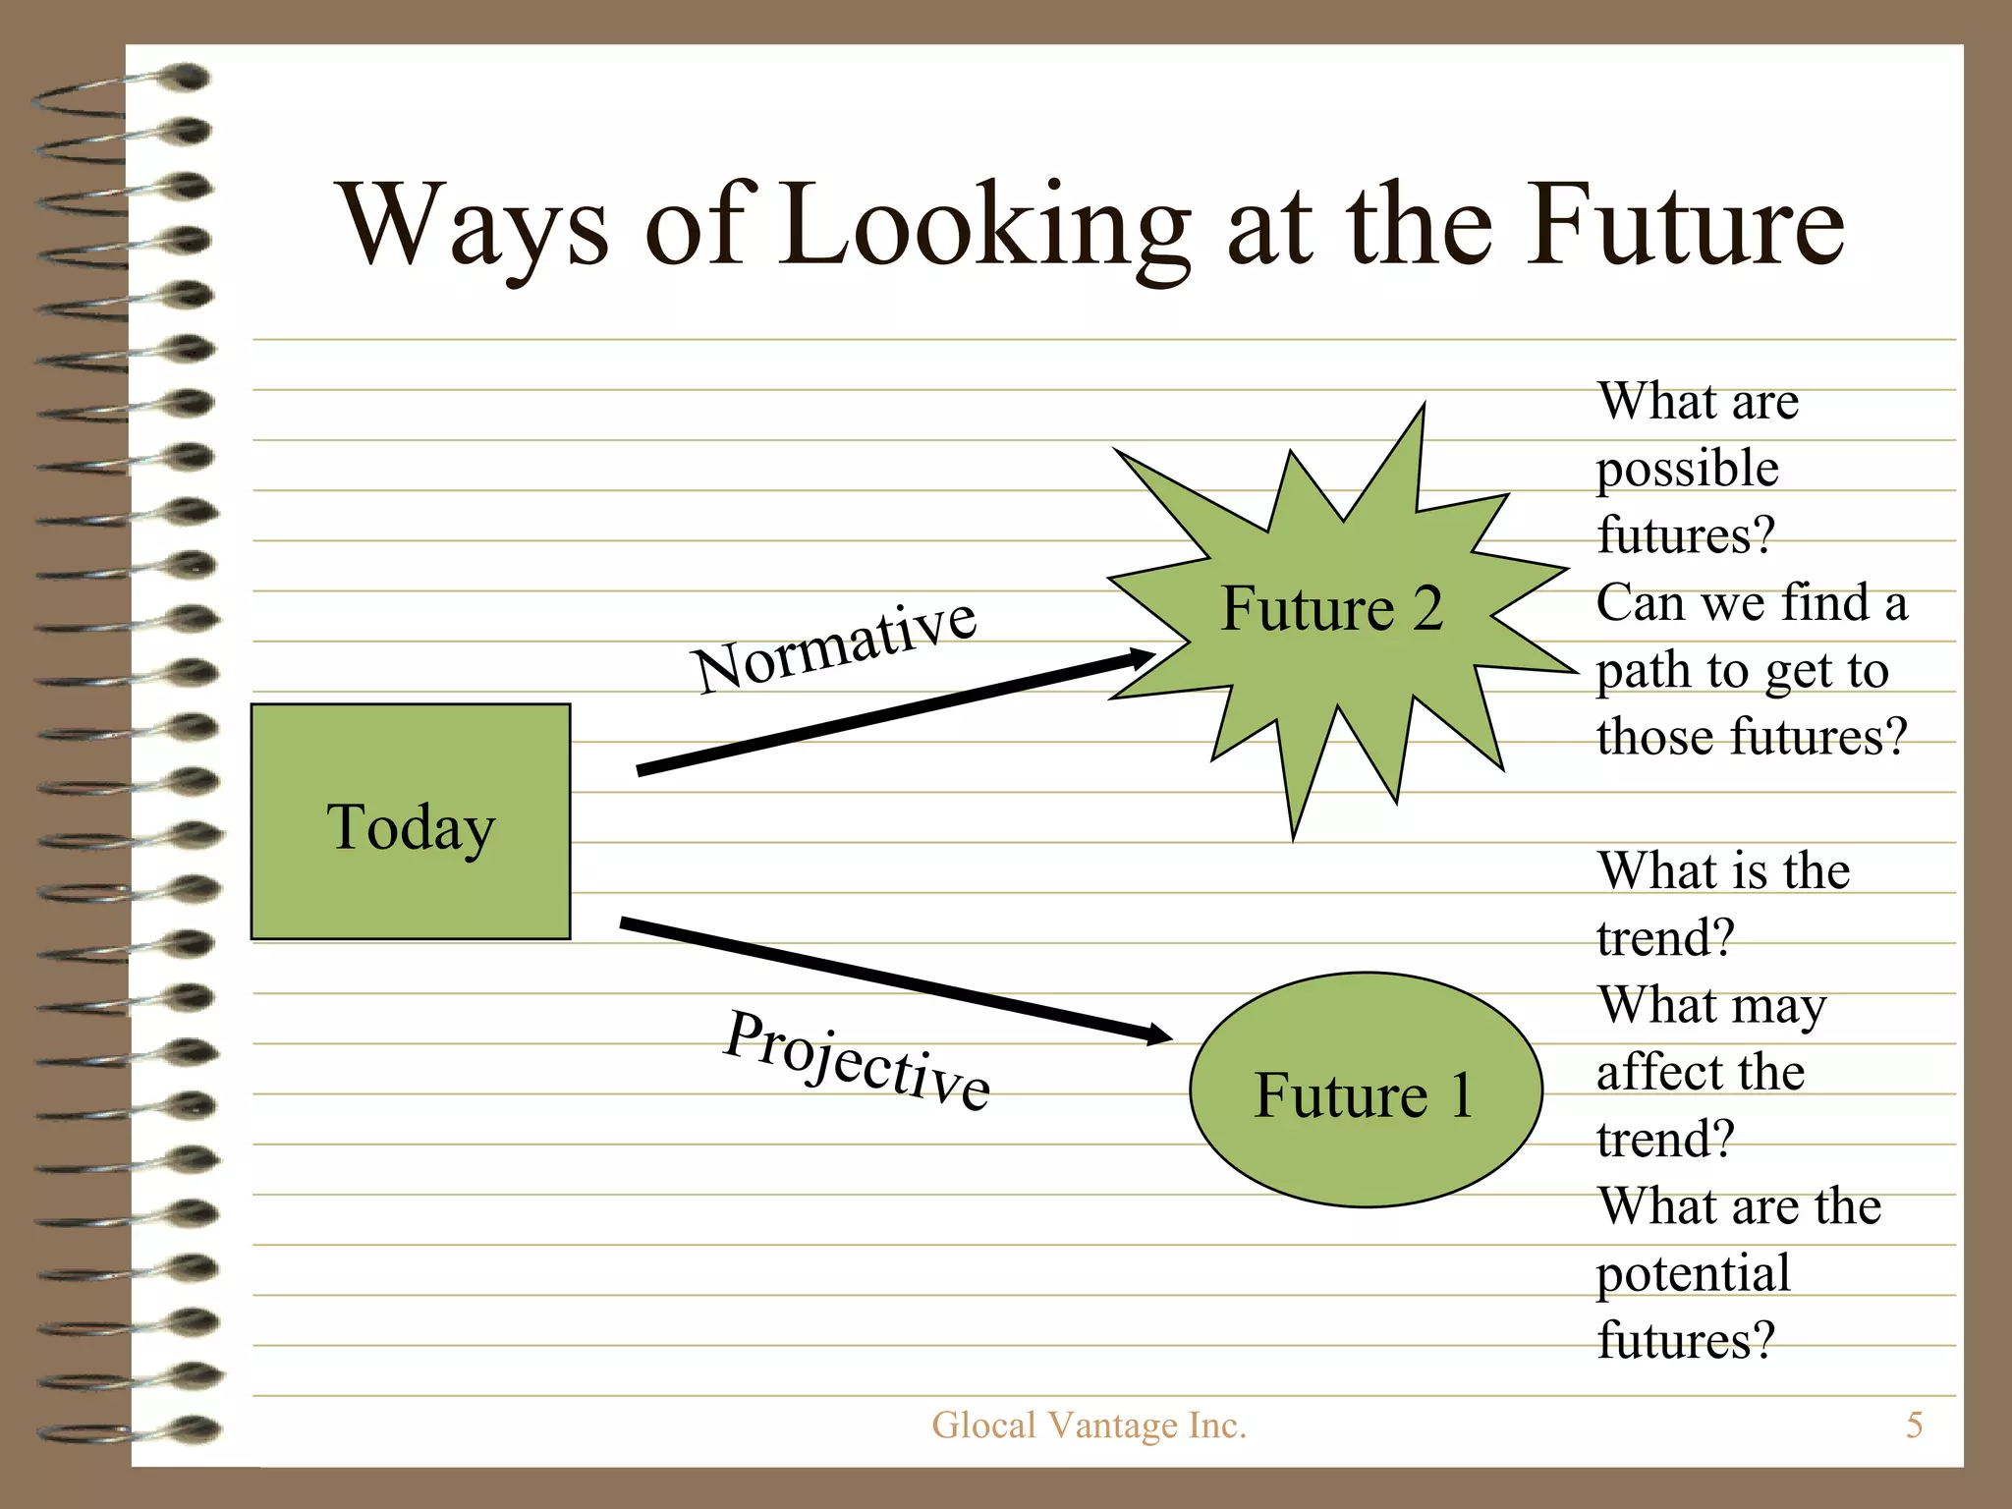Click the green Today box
pos(411,821)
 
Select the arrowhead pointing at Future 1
pos(1159,1034)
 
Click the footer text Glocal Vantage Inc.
pos(1089,1425)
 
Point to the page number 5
pos(1914,1425)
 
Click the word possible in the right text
pos(1687,470)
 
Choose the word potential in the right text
pos(1693,1274)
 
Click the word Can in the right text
pos(1639,602)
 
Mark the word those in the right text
pos(1656,737)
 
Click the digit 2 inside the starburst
pos(1427,608)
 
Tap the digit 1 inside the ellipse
pos(1461,1094)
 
